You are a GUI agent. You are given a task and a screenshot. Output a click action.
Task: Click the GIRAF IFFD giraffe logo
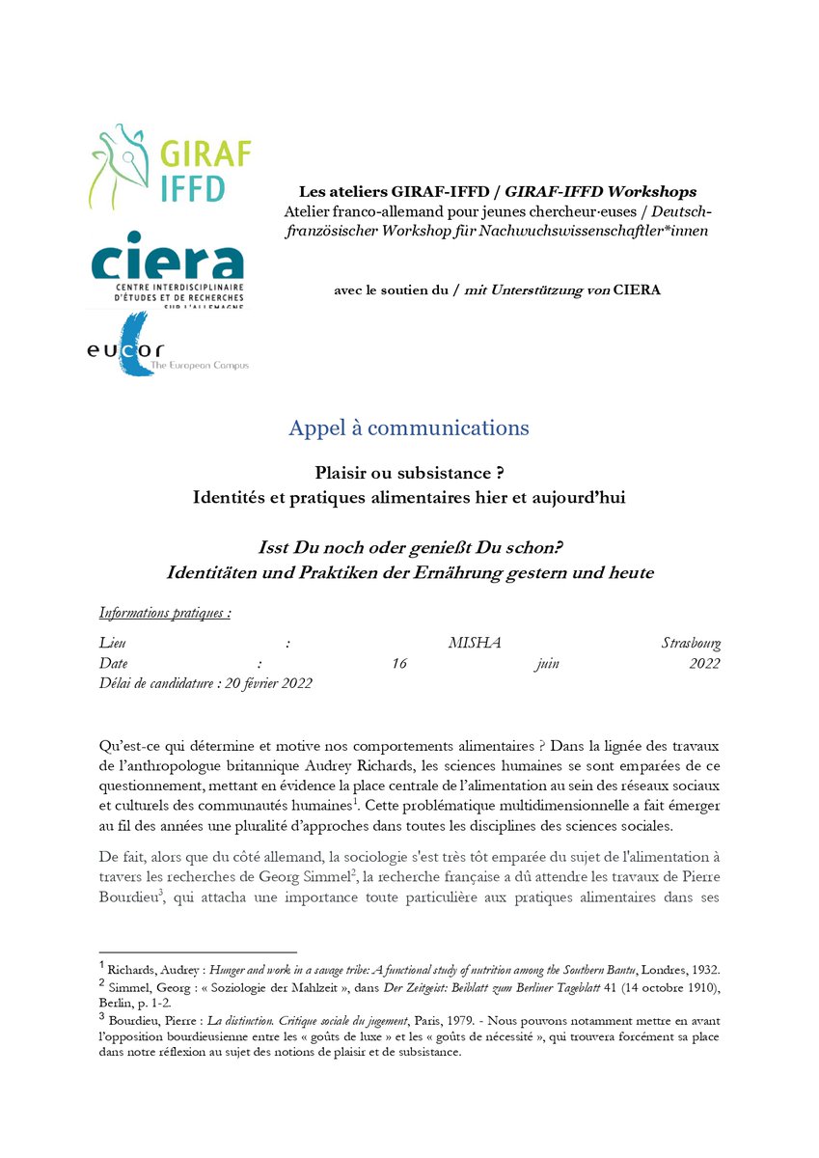point(170,166)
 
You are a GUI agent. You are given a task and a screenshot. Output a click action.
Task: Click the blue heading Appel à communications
point(409,427)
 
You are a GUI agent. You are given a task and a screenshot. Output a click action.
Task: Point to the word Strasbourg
point(691,644)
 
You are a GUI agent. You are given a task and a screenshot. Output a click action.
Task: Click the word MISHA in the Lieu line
point(475,644)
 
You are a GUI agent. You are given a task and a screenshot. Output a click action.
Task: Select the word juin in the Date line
point(547,664)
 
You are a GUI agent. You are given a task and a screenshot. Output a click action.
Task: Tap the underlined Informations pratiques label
point(164,613)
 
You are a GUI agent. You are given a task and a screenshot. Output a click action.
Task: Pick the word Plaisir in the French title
point(343,473)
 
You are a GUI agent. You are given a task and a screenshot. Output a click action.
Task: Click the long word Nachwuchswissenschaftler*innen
point(604,232)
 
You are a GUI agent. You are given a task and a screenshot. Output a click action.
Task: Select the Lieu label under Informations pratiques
point(112,644)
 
